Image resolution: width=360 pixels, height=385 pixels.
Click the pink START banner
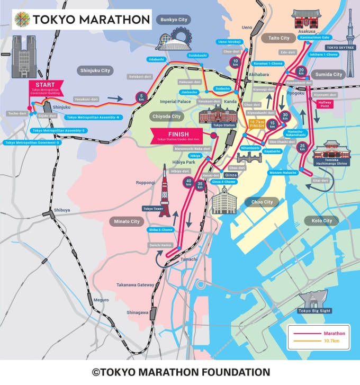46,87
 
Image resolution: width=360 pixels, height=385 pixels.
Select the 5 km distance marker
141,99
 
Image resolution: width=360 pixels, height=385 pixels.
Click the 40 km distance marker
189,183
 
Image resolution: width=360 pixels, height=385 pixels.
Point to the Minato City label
128,221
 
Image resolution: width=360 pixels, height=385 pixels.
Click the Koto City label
321,220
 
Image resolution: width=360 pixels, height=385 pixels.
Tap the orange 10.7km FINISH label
257,124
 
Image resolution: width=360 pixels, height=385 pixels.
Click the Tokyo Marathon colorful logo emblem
22,20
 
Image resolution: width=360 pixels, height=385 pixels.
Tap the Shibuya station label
61,210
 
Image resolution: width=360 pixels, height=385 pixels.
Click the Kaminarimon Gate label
314,37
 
